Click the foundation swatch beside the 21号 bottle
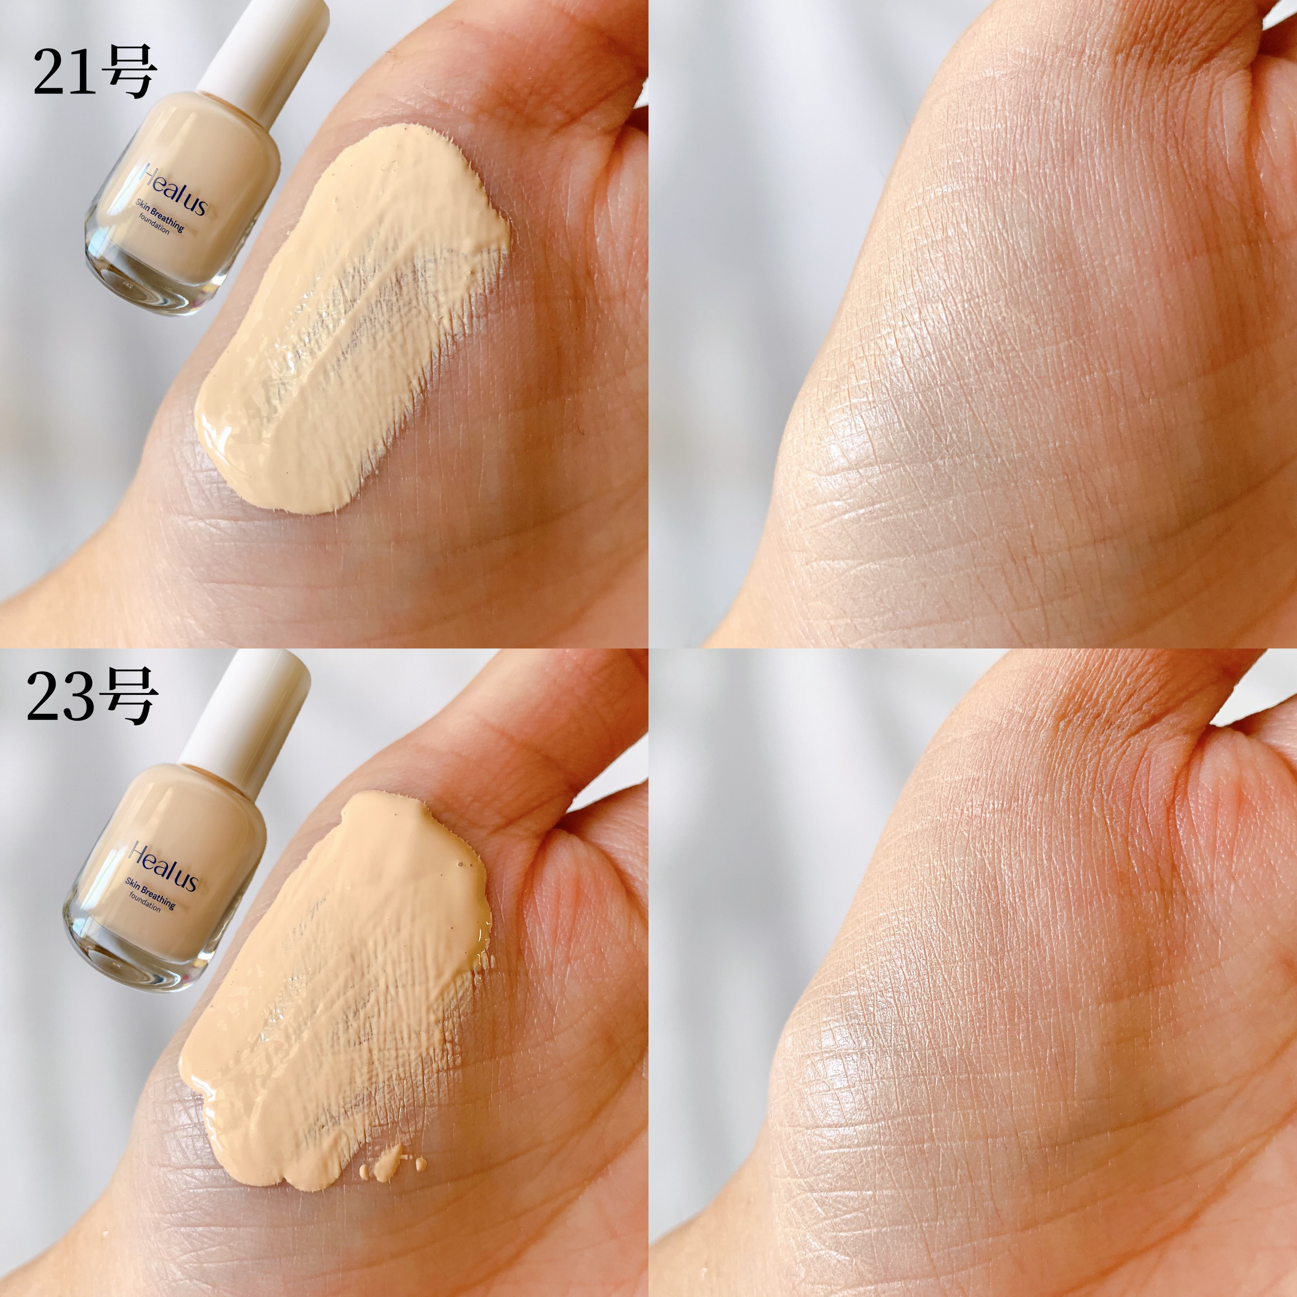point(349,315)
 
